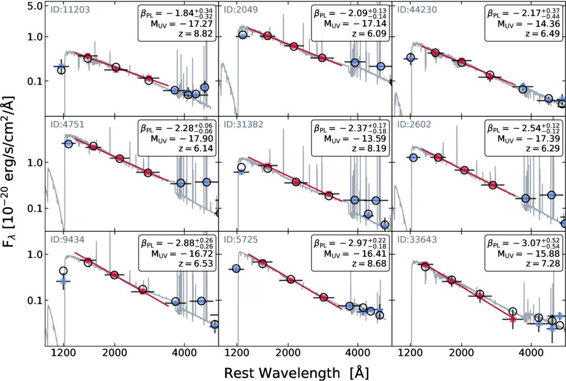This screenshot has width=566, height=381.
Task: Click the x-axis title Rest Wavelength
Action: (296, 372)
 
